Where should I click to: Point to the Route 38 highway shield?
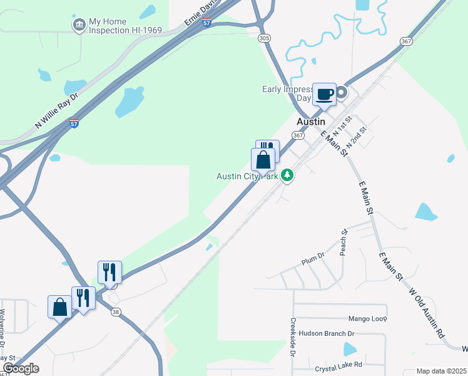tap(115, 311)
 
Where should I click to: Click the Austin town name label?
tap(311, 122)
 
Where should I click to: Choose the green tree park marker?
tap(287, 175)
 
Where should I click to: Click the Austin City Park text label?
tap(247, 177)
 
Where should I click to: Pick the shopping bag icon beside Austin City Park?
tap(263, 160)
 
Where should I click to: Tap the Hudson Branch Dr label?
tap(326, 333)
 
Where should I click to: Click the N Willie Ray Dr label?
tap(56, 112)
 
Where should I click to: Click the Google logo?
tap(21, 368)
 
